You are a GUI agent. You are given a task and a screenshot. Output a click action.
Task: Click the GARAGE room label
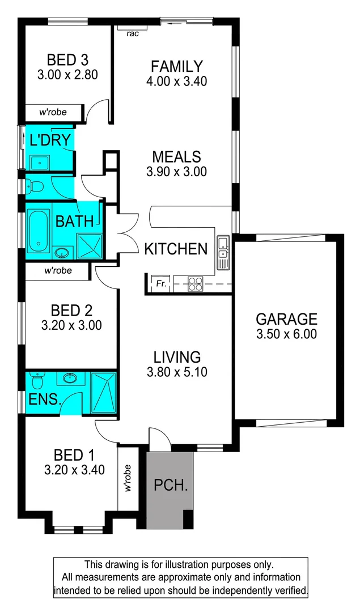tap(286, 318)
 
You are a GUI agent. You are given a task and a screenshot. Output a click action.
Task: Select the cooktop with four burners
tap(196, 283)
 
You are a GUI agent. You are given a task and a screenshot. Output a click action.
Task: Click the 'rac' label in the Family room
tap(133, 33)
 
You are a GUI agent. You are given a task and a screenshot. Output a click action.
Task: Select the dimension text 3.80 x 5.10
tap(177, 372)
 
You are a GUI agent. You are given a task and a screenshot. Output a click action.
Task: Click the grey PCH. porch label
tap(171, 486)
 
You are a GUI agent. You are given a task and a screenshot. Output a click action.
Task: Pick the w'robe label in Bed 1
tap(128, 478)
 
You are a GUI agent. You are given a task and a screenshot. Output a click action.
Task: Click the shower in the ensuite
tap(103, 392)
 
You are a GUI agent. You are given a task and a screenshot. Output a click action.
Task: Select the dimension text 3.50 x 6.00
tap(286, 334)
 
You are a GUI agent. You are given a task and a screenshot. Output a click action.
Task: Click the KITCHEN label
tap(176, 249)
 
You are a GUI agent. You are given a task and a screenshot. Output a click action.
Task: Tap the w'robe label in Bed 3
tap(53, 112)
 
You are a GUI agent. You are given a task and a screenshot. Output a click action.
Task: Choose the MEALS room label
tap(176, 156)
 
